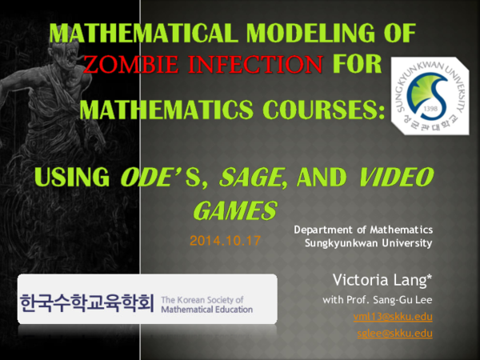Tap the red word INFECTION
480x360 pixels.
pyautogui.click(x=255, y=63)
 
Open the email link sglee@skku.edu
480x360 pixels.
pyautogui.click(x=394, y=333)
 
